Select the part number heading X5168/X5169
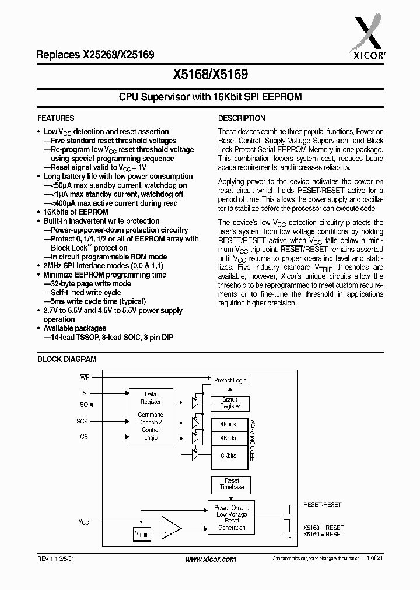pyautogui.click(x=211, y=75)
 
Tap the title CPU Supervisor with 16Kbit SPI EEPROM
pyautogui.click(x=210, y=97)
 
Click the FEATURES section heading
pyautogui.click(x=56, y=118)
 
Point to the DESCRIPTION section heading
pyautogui.click(x=242, y=118)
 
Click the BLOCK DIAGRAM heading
pyautogui.click(x=66, y=360)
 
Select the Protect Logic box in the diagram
pyautogui.click(x=230, y=380)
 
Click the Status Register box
pyautogui.click(x=230, y=403)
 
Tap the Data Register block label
pyautogui.click(x=150, y=398)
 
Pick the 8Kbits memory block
pyautogui.click(x=228, y=455)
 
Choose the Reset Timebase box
pyautogui.click(x=232, y=484)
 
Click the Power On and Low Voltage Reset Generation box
pyautogui.click(x=232, y=518)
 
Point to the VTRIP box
pyautogui.click(x=142, y=533)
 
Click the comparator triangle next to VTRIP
pyautogui.click(x=171, y=526)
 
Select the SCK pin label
pyautogui.click(x=82, y=421)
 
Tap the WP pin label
pyautogui.click(x=85, y=377)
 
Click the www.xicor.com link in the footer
pyautogui.click(x=211, y=559)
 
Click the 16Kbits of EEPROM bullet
pyautogui.click(x=75, y=212)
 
